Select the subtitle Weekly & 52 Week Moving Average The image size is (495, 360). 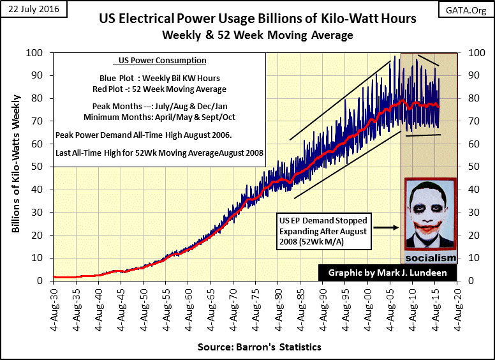coord(257,35)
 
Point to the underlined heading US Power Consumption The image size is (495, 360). coord(159,61)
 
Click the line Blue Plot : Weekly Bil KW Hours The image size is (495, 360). coord(159,78)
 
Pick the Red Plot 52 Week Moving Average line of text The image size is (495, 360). coord(159,89)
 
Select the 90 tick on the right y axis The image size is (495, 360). coord(475,75)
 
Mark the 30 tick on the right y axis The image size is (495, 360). coord(475,212)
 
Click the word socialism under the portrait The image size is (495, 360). coord(431,257)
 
